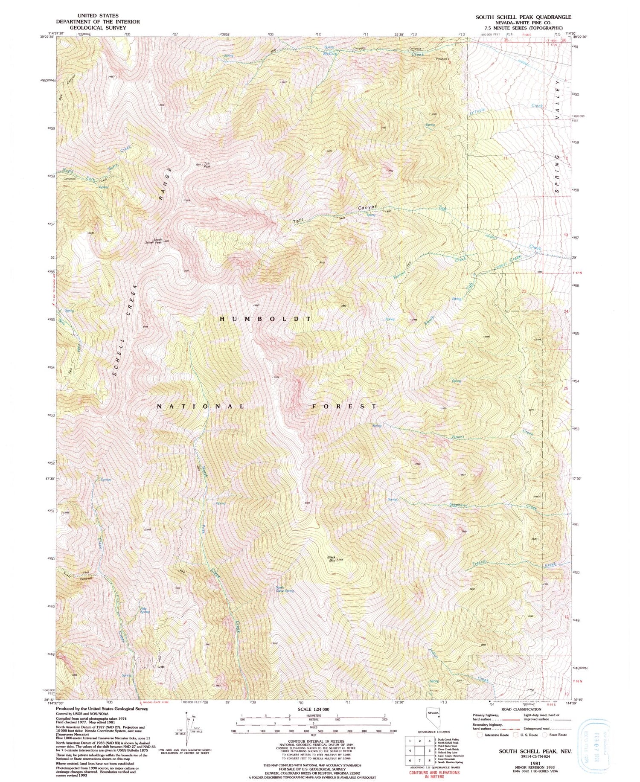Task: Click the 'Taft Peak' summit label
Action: coord(207,165)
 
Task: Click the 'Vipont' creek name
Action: coord(457,437)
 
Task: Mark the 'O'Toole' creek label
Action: coord(477,112)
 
